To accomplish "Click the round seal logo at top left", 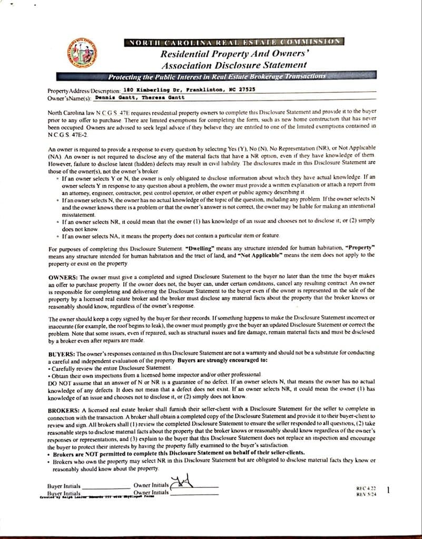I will [x=81, y=54].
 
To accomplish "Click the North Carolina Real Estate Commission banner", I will [x=234, y=42].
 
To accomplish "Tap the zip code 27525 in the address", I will [x=247, y=89].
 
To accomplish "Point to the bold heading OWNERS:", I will [x=63, y=276].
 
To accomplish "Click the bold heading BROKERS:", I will [x=65, y=409].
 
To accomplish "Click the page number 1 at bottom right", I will [x=388, y=490].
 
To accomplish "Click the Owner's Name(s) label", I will [x=70, y=98].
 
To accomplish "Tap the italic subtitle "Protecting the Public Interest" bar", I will [x=217, y=77].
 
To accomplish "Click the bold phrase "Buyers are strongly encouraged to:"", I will [x=223, y=361].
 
